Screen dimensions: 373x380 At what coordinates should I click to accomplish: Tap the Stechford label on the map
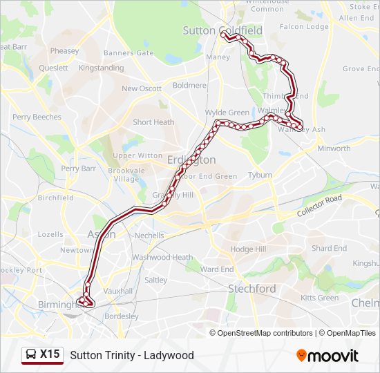pos(252,289)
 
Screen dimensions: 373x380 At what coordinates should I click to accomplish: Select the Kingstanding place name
pos(101,68)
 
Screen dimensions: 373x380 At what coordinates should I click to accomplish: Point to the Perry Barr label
pos(79,168)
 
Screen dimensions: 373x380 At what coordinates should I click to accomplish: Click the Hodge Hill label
pos(248,249)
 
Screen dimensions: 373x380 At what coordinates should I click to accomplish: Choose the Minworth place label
pos(334,149)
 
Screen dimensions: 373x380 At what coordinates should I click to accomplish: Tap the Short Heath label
pos(153,122)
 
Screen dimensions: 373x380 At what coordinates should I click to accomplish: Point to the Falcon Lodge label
pos(304,27)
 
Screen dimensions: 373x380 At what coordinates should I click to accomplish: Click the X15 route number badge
pos(50,354)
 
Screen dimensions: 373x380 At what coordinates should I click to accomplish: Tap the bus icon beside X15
pos(31,355)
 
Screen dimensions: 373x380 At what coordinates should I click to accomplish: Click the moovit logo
pos(327,356)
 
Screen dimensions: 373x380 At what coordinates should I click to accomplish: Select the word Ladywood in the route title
pos(169,355)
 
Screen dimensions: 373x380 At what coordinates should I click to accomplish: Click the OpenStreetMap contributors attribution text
pos(265,333)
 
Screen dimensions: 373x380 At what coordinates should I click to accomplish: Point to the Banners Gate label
pos(129,53)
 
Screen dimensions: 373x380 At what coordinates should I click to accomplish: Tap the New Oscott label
pos(142,88)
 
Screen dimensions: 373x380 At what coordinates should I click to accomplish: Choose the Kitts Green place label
pos(320,298)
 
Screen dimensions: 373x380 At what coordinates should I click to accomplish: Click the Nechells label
pos(150,236)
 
